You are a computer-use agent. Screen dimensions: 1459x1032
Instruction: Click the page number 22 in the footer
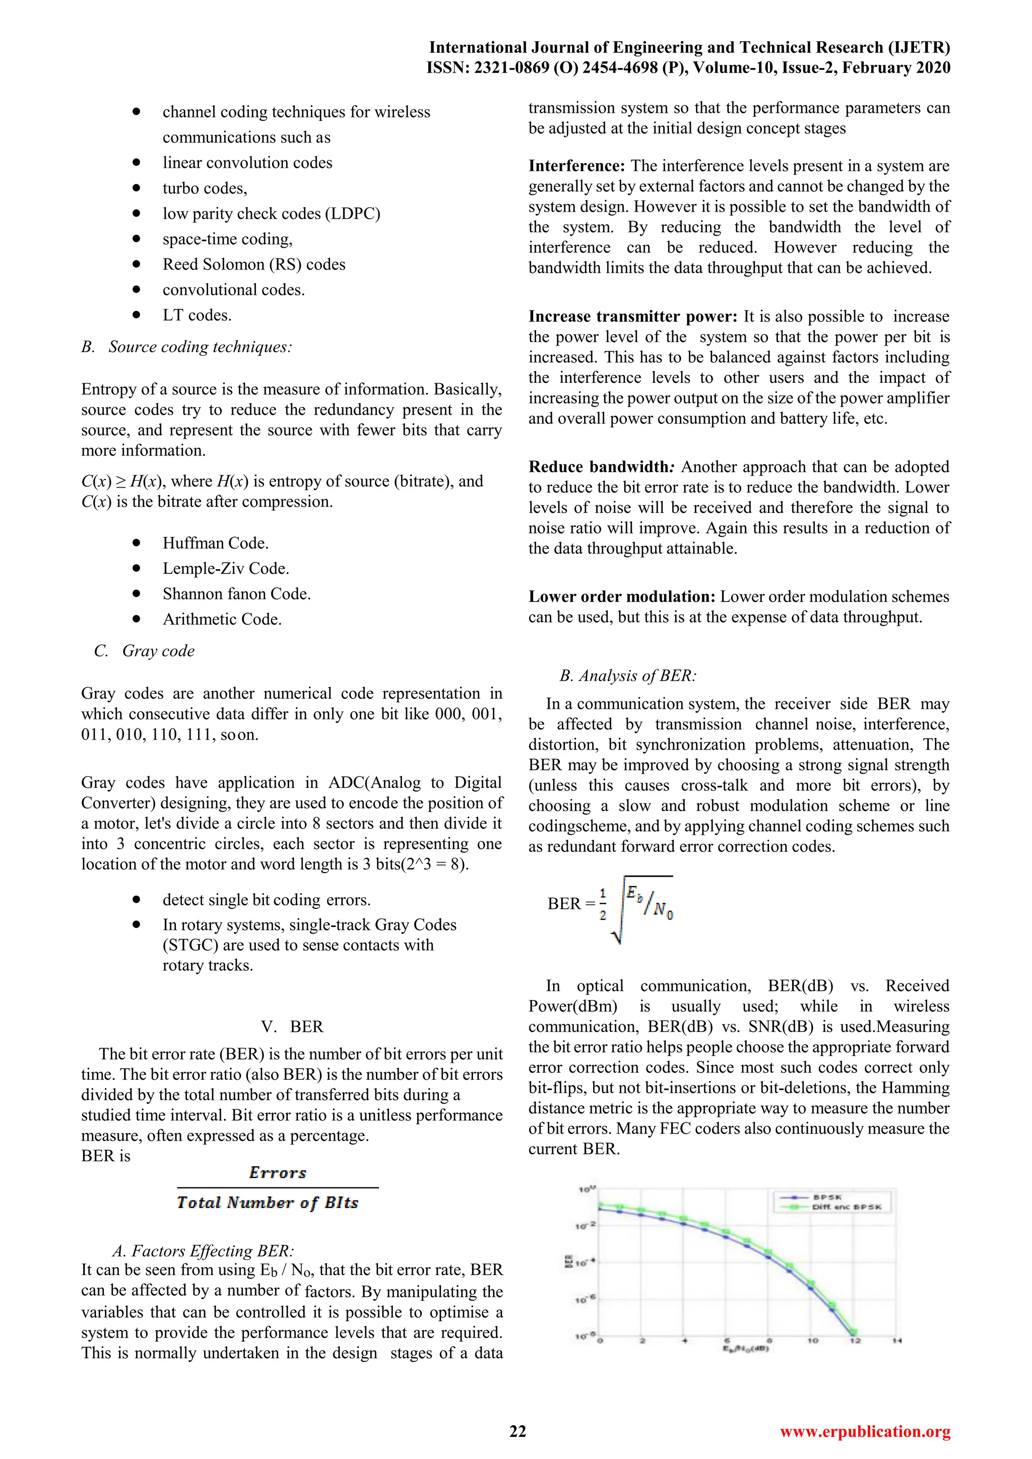[x=518, y=1431]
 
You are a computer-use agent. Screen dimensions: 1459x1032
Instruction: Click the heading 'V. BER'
[x=292, y=1026]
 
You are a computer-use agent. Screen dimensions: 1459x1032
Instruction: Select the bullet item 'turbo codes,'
[x=205, y=188]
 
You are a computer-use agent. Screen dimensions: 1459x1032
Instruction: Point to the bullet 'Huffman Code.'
[x=216, y=543]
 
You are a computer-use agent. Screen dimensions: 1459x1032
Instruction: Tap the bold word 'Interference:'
[x=577, y=166]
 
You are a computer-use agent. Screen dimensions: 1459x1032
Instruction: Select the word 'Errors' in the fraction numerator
[x=278, y=1172]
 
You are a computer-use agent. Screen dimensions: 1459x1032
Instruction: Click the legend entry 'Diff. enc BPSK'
[x=847, y=1207]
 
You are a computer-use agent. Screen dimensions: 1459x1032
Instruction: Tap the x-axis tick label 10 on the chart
[x=813, y=1341]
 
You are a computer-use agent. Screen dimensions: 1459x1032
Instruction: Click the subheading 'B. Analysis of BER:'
[x=628, y=676]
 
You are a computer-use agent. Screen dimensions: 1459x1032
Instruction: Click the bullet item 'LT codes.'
[x=197, y=315]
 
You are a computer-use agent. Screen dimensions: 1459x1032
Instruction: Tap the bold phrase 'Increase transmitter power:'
[x=633, y=316]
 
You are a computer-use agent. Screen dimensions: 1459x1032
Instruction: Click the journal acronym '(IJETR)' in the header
[x=918, y=48]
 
